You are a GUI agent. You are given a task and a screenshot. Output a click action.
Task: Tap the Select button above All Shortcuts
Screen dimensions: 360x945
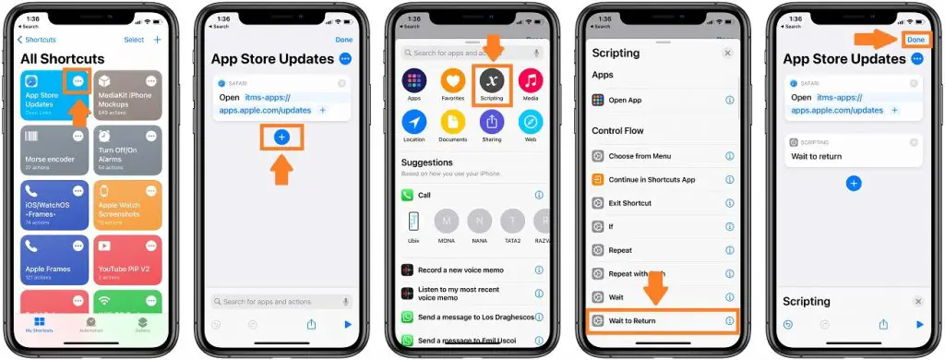[134, 40]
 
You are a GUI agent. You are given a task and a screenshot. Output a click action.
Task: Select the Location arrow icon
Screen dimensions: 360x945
[414, 125]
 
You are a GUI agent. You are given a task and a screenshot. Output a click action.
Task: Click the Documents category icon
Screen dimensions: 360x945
[452, 125]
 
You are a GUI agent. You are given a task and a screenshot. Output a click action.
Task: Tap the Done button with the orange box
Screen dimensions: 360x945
[915, 40]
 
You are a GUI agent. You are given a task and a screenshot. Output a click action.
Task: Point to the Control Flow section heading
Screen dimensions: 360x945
[617, 131]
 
